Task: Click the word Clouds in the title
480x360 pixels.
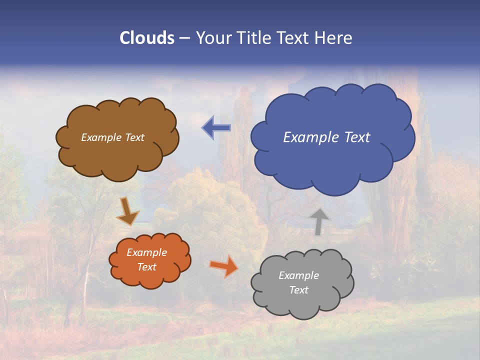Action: [x=147, y=38]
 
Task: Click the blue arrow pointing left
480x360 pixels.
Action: [x=216, y=127]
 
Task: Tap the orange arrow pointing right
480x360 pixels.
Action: [x=223, y=265]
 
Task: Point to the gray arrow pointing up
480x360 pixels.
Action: [x=318, y=221]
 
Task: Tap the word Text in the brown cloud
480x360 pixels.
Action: [x=134, y=137]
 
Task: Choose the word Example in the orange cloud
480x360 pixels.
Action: [x=147, y=252]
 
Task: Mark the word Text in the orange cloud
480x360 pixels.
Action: [x=147, y=267]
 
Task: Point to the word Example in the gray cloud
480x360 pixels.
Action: [x=298, y=275]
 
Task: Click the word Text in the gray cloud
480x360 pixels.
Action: [x=298, y=290]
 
